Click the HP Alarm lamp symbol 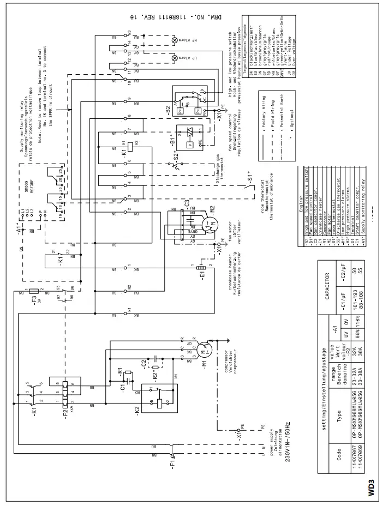(x=175, y=40)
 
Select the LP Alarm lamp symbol (x=175, y=58)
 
